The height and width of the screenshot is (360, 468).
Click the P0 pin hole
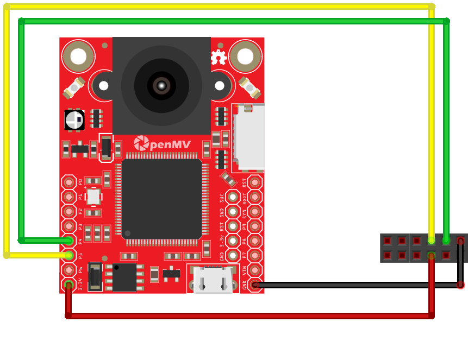click(x=68, y=182)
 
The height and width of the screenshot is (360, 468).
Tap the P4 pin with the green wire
click(x=68, y=241)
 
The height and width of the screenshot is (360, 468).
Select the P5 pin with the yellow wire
click(x=68, y=255)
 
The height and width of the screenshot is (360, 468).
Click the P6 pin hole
click(x=68, y=270)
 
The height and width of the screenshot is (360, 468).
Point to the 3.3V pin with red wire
click(x=68, y=284)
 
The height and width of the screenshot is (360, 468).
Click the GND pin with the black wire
click(x=255, y=285)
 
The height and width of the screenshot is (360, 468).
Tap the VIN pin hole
click(x=255, y=270)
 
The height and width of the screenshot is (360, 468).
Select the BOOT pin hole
click(x=255, y=197)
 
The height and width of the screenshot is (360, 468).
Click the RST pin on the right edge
click(x=255, y=182)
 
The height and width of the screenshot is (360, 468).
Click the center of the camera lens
click(x=161, y=85)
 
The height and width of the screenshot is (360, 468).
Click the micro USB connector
click(x=213, y=279)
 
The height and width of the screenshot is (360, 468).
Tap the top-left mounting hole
click(x=78, y=56)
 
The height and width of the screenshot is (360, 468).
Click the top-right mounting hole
click(x=245, y=56)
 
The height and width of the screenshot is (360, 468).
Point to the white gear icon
click(x=219, y=57)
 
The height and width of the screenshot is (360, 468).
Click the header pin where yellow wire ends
click(x=432, y=240)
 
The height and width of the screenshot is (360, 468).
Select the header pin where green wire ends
click(x=446, y=240)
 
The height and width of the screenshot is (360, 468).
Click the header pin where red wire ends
click(x=432, y=255)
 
